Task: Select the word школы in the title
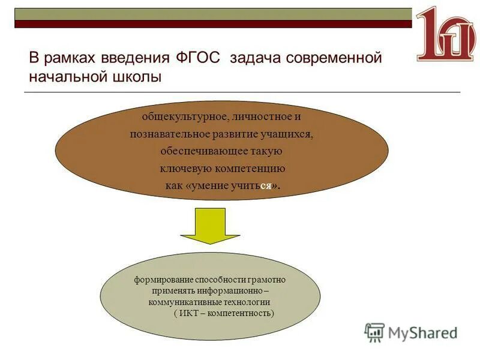pyautogui.click(x=140, y=77)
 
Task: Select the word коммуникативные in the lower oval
pyautogui.click(x=182, y=302)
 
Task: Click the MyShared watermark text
pyautogui.click(x=422, y=332)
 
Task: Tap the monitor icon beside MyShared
pyautogui.click(x=374, y=332)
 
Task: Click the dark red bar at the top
pyautogui.click(x=213, y=24)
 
